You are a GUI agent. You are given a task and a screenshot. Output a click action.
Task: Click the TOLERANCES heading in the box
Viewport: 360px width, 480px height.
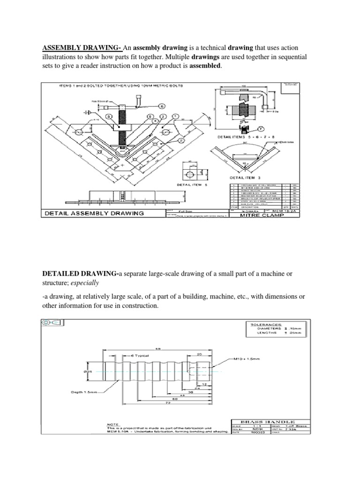tap(266, 324)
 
